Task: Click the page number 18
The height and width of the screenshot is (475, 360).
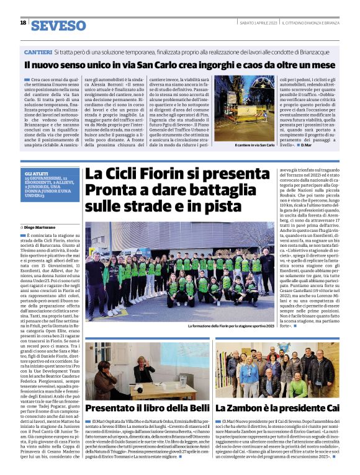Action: pos(23,24)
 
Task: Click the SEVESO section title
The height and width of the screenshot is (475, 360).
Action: pos(59,25)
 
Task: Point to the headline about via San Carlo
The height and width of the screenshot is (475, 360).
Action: pos(180,64)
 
